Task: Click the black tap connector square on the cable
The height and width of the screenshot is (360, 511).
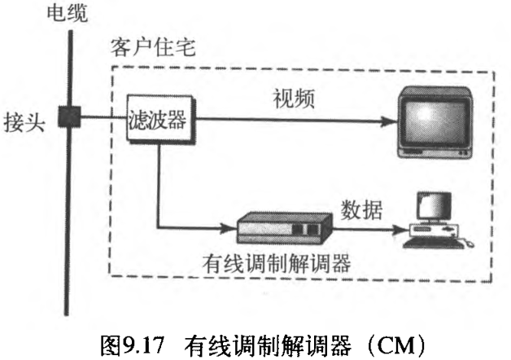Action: coord(69,117)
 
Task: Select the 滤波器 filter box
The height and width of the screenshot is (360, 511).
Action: coord(157,123)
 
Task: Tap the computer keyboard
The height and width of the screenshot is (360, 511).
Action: coord(439,239)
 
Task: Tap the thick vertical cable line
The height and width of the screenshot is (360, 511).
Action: coord(69,204)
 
